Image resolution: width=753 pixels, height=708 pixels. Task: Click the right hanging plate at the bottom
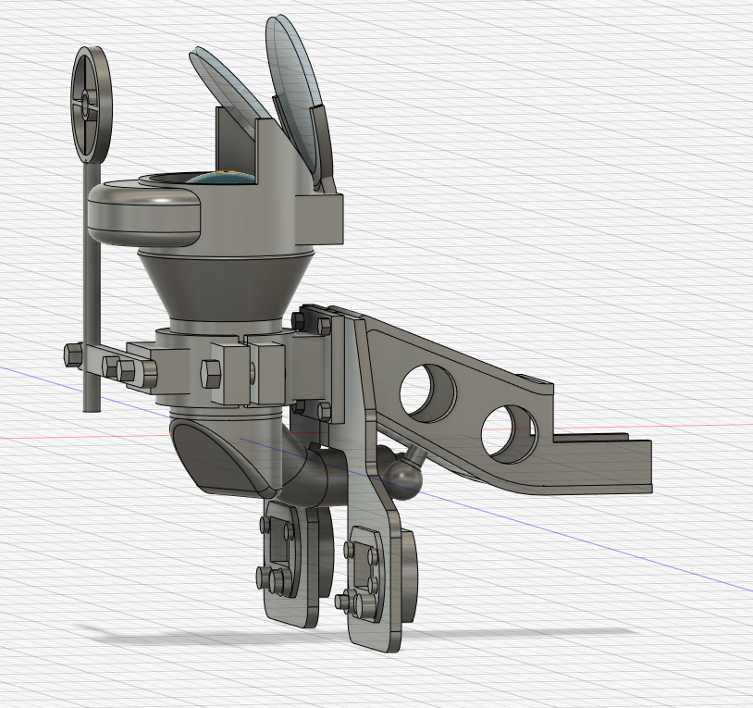[379, 583]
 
